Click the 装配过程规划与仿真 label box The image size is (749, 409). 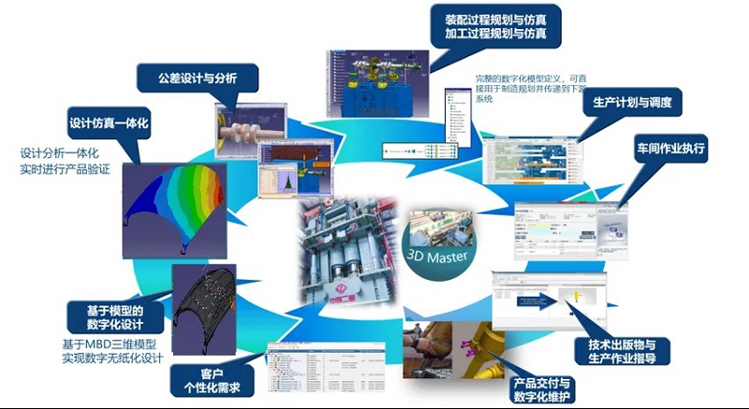click(x=497, y=26)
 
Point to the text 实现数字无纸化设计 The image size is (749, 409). click(x=112, y=358)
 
